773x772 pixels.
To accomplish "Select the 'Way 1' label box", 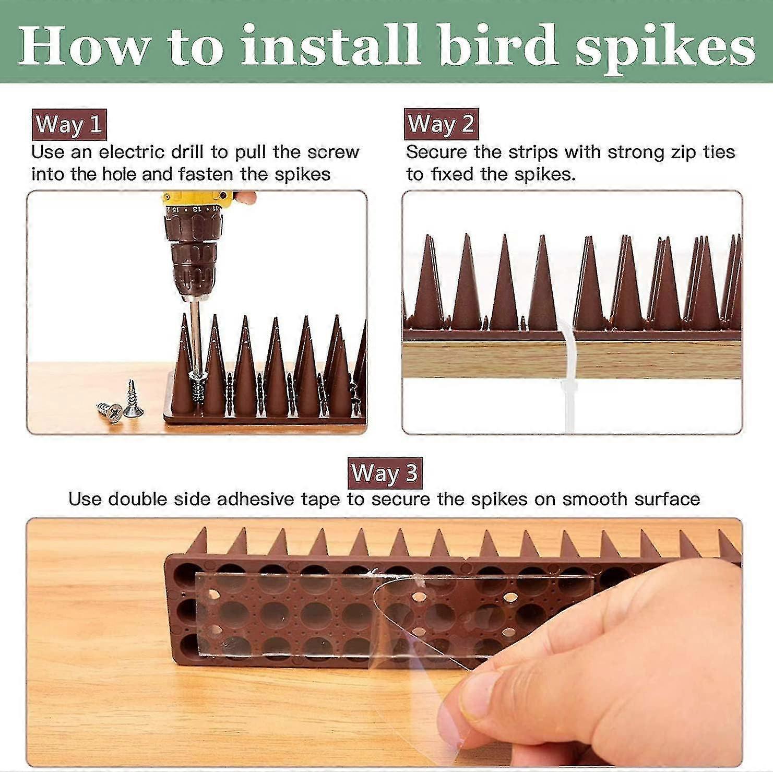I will [69, 125].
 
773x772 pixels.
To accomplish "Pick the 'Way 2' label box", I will [441, 124].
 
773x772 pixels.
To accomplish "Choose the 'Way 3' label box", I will [385, 473].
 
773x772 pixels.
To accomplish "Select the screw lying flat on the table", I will [110, 411].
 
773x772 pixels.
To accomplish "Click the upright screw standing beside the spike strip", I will [132, 401].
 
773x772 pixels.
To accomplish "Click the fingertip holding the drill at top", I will [245, 197].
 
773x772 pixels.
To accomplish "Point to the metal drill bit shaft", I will [195, 334].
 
